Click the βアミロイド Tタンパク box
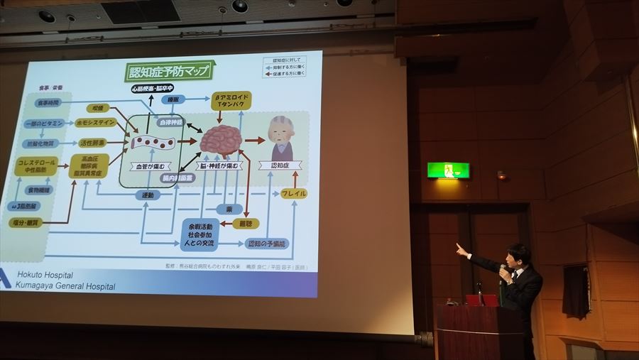click(x=232, y=101)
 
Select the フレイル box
click(x=293, y=193)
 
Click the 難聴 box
click(x=246, y=224)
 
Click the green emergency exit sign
click(x=448, y=170)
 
